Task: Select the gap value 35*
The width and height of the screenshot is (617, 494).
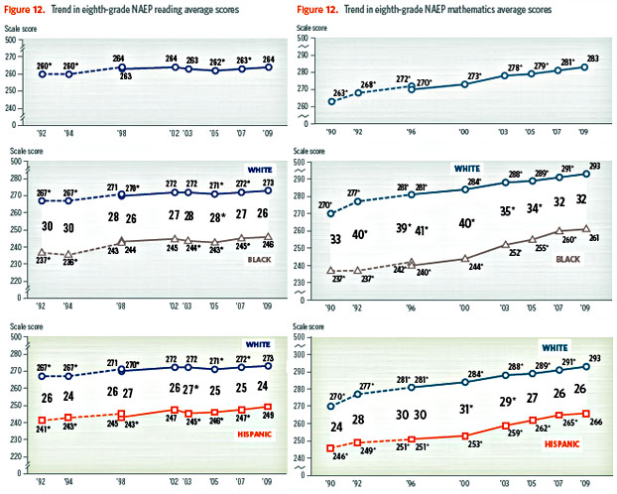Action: coord(508,210)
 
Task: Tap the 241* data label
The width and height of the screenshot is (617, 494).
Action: coord(43,430)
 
